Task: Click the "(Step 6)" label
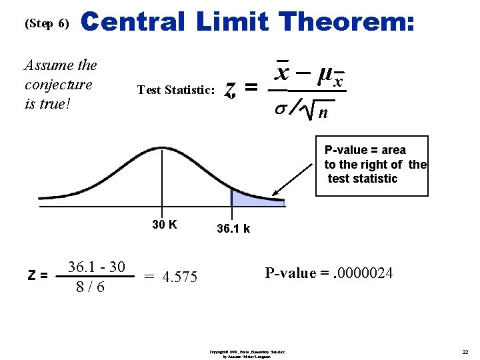46,23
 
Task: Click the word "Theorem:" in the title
348,23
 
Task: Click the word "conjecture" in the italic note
58,85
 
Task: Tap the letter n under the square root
323,113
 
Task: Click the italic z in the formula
230,87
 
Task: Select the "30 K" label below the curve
164,225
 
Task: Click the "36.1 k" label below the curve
233,229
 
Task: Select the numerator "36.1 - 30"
97,267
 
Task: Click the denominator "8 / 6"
90,287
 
